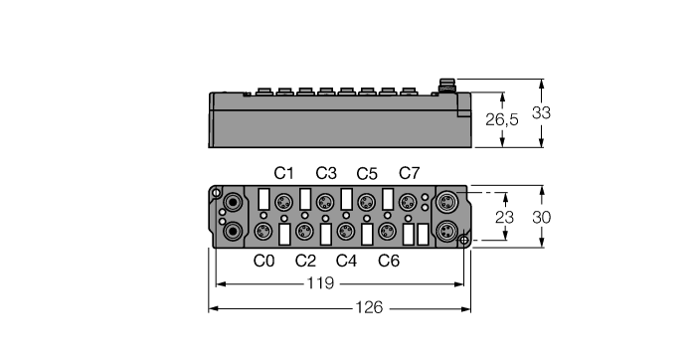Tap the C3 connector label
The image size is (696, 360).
pos(326,173)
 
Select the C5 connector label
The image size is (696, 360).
pos(368,173)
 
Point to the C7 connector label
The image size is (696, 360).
pos(409,173)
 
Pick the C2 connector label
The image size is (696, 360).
pos(305,262)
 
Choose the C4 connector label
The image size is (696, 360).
pos(346,262)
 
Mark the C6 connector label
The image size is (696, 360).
pos(389,262)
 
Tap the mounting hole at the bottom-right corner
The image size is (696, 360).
pos(463,239)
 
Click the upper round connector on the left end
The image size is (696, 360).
pos(233,201)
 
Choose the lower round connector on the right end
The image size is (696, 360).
pos(446,232)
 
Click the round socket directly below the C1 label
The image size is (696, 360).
pos(285,201)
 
